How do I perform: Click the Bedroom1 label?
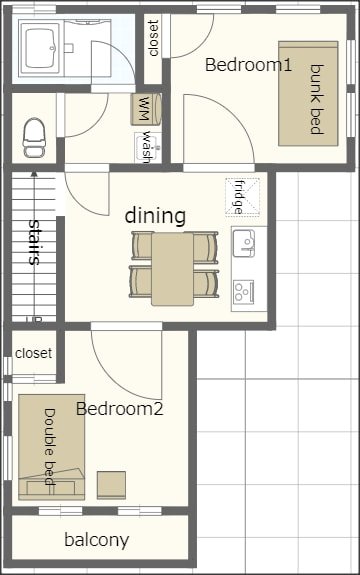coord(248,65)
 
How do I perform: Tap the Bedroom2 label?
coord(119,408)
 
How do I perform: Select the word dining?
coord(155,215)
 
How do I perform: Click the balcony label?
coord(96,540)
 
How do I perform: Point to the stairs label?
coord(35,241)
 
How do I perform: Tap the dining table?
coord(173,267)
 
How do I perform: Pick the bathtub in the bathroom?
coord(42,48)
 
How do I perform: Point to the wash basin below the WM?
coord(145,147)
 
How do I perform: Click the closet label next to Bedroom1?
coord(153,38)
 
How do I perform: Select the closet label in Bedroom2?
coord(34,353)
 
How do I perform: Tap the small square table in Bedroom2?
coord(111,485)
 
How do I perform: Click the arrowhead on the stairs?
coord(35,176)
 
